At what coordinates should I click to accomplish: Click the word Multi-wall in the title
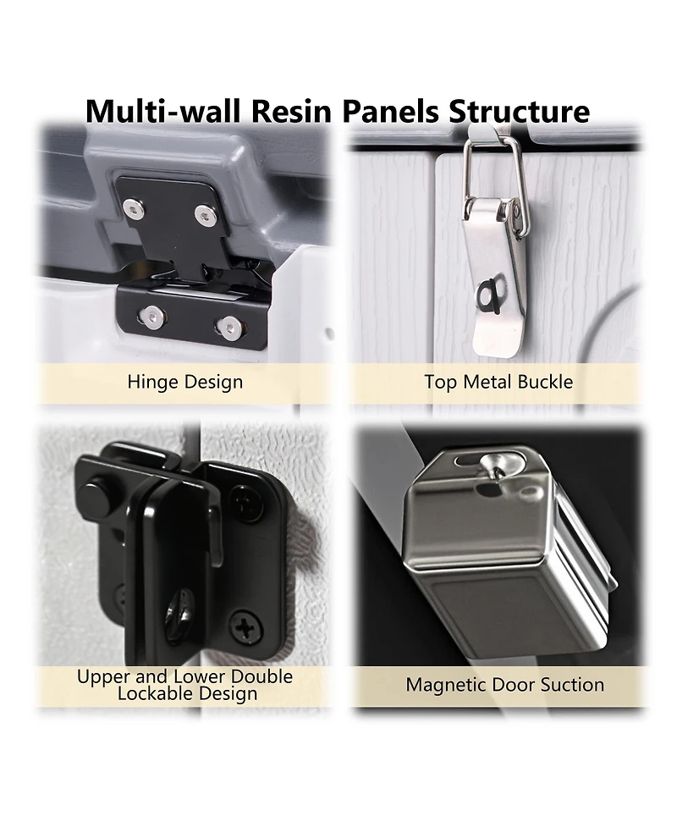point(164,111)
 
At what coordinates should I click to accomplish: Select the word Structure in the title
point(519,111)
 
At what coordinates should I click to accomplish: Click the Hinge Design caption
point(185,382)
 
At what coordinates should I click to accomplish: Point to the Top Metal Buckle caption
point(498,382)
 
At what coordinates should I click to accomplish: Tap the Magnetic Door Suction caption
point(504,685)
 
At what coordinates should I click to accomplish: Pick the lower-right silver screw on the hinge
point(228,328)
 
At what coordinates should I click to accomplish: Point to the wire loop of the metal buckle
point(493,180)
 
